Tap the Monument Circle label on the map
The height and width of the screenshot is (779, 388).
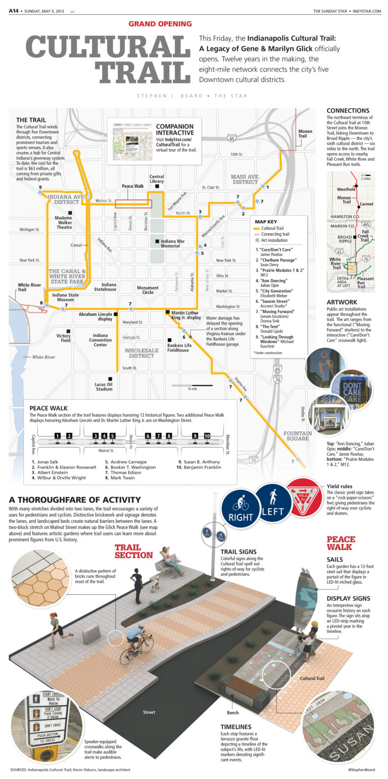(148, 289)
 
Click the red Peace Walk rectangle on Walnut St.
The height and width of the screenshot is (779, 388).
(133, 204)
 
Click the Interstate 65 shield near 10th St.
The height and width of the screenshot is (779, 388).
(232, 137)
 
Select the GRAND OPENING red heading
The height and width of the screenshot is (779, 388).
(160, 23)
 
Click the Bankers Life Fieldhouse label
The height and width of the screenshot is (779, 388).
(178, 347)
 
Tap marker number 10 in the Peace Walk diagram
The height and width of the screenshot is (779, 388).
(207, 435)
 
